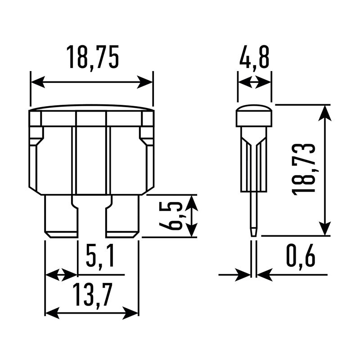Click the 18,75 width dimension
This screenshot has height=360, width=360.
93,57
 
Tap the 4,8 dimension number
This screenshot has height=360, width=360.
254,57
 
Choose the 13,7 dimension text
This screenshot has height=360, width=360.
93,295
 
